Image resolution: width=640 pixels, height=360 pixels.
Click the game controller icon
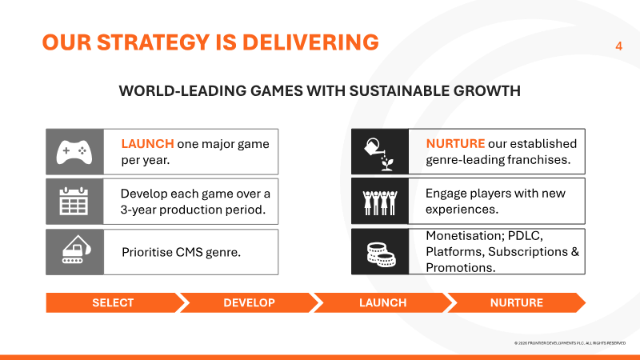[74, 152]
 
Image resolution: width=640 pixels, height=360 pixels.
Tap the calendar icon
[74, 202]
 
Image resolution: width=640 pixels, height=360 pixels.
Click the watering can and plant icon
[379, 154]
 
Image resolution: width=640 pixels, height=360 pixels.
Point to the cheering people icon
[379, 202]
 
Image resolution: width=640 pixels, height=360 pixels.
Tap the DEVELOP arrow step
[249, 303]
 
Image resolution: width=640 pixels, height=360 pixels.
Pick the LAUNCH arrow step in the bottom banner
[383, 303]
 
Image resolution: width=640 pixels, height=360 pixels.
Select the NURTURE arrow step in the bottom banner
[517, 303]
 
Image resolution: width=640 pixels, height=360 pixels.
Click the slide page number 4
[618, 46]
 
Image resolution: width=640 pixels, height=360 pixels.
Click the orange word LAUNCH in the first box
[148, 144]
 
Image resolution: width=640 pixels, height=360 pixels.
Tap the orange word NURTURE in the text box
[455, 144]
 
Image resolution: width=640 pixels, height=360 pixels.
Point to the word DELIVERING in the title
[310, 42]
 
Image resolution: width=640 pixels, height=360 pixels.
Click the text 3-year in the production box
[138, 210]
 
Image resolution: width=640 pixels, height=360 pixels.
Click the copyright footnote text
[570, 343]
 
